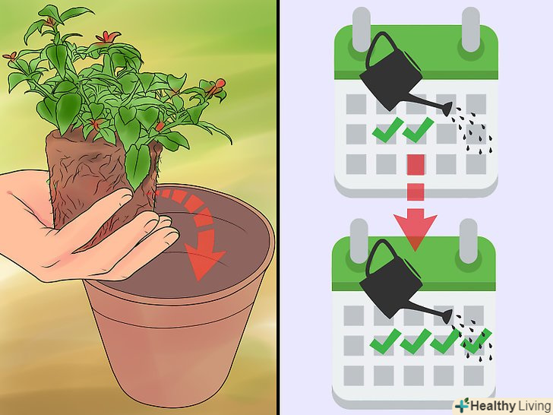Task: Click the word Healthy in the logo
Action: (x=493, y=406)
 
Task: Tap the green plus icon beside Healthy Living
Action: (x=462, y=405)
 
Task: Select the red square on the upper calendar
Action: (x=416, y=164)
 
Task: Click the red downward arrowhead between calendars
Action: (x=415, y=229)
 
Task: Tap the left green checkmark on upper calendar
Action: (x=387, y=130)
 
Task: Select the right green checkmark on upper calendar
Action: (x=418, y=130)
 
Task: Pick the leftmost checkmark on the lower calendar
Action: (x=385, y=341)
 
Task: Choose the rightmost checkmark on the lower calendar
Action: (x=476, y=341)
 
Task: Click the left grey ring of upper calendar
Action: (x=361, y=29)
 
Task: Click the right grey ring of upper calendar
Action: (x=470, y=29)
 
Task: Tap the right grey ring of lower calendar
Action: (x=469, y=241)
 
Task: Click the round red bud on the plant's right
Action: (x=220, y=84)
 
